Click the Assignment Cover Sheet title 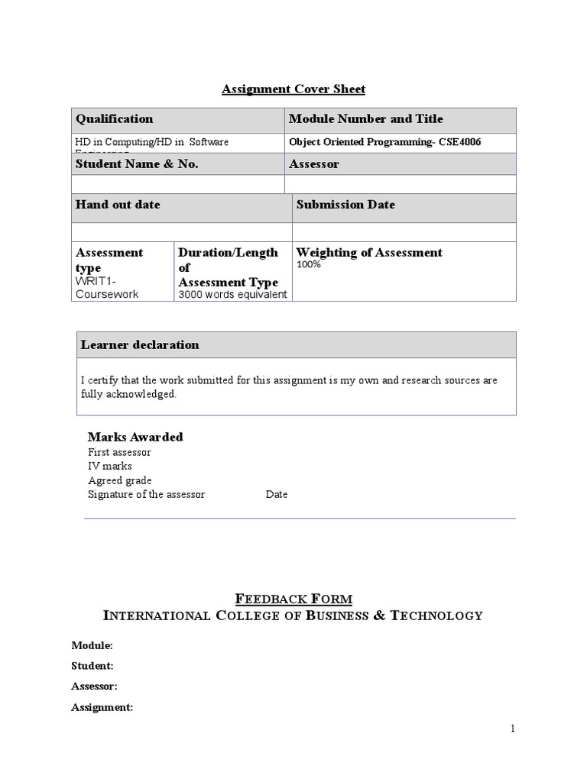(293, 89)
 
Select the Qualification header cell (114, 119)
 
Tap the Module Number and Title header (365, 119)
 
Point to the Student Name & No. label (136, 164)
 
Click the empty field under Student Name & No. (177, 184)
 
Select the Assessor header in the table (314, 164)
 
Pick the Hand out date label (118, 205)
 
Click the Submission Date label (345, 205)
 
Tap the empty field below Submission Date (404, 232)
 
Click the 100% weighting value (309, 264)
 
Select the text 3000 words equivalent (232, 295)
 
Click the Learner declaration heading (140, 345)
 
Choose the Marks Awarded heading (135, 437)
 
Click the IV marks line (110, 466)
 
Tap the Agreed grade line (120, 480)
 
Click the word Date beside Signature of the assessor (277, 494)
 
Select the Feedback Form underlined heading (293, 599)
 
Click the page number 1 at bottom (513, 729)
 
